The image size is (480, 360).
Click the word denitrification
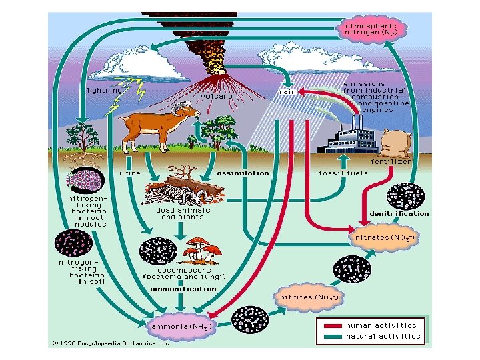click(399, 213)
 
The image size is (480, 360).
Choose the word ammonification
click(183, 289)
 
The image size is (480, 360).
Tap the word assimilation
click(243, 173)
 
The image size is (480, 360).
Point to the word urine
click(129, 173)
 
